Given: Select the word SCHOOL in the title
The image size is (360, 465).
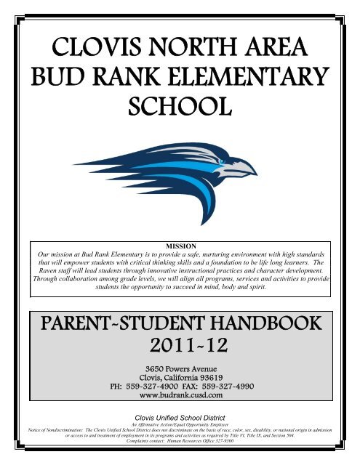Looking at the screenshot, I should pyautogui.click(x=180, y=113).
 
